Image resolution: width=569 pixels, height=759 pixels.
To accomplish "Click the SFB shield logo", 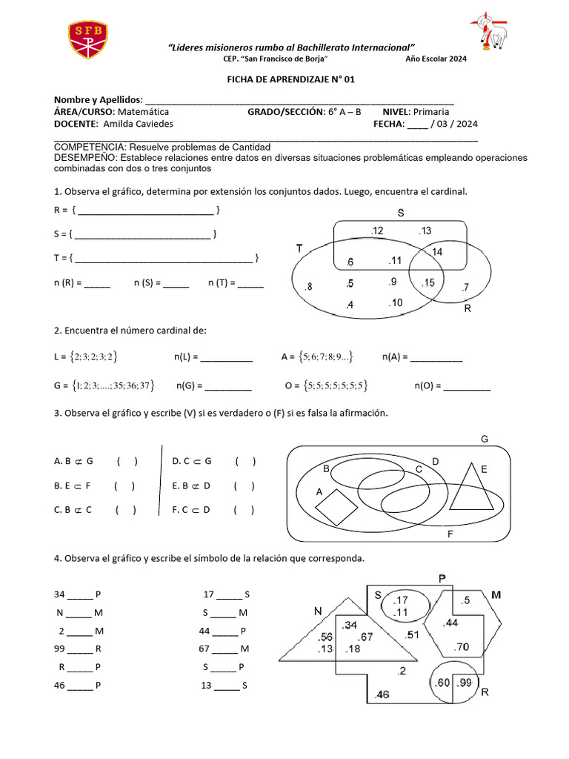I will pyautogui.click(x=88, y=39).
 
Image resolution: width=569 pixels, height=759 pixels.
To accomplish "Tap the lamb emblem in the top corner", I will pyautogui.click(x=489, y=33).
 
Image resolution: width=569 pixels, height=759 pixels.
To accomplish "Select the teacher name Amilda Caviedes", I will pyautogui.click(x=138, y=124).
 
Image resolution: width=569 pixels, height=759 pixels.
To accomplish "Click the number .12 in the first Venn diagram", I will pyautogui.click(x=377, y=232).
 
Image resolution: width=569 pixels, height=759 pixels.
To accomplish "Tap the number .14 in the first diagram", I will pyautogui.click(x=436, y=253).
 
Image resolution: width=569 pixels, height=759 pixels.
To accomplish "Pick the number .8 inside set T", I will pyautogui.click(x=308, y=287).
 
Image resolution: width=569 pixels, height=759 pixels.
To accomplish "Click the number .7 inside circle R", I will pyautogui.click(x=465, y=287).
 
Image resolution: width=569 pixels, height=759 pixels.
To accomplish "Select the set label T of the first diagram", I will pyautogui.click(x=300, y=249).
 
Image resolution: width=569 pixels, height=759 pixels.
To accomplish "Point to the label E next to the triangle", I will pyautogui.click(x=484, y=469).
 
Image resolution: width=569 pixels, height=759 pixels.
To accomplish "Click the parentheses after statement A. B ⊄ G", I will pyautogui.click(x=127, y=461).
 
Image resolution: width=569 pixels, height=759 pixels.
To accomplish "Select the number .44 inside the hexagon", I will pyautogui.click(x=450, y=622).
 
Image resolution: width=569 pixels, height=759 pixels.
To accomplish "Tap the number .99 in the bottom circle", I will pyautogui.click(x=465, y=683).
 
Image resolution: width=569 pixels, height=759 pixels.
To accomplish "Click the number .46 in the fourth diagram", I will pyautogui.click(x=382, y=695).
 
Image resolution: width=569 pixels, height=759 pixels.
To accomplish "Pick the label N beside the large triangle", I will pyautogui.click(x=318, y=611).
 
